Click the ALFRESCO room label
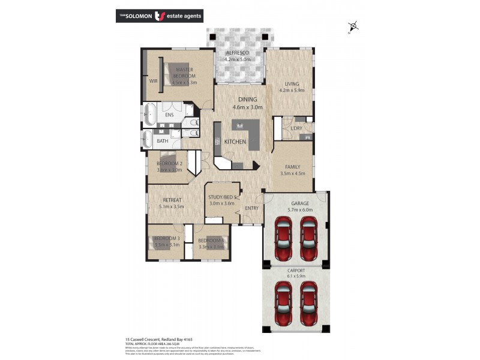coord(237,53)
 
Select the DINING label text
coord(247,100)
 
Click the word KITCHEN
coord(235,142)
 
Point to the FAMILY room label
coord(292,166)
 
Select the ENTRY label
coord(251,208)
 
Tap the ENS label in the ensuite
coord(169,115)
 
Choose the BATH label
coord(163,142)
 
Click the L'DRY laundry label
coord(295,128)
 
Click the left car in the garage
coord(283,235)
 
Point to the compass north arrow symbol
coord(353,26)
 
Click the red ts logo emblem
coord(160,16)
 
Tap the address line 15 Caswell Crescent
coord(143,339)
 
